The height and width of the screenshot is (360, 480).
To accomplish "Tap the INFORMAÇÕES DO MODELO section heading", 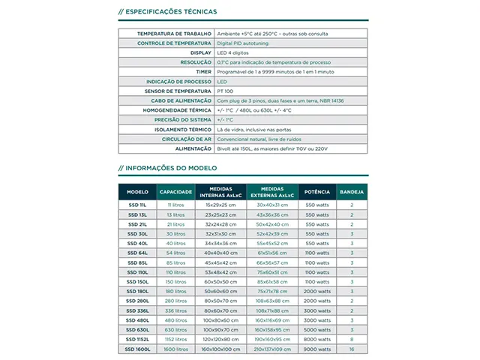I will point(168,168).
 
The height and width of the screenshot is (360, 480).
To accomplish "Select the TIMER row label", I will point(201,72).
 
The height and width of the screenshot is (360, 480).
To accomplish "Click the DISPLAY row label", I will point(200,53).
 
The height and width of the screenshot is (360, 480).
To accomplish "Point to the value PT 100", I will point(226,91).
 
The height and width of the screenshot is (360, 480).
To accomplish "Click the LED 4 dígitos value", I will point(234,53).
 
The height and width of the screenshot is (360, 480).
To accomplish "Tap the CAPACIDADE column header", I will point(175,192).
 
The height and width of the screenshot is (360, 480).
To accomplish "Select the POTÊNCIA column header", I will point(317,192).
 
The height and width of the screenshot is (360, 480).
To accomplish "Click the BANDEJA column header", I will point(351,192).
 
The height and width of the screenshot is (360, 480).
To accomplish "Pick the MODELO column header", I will point(137,192).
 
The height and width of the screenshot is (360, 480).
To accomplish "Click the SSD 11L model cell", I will point(137,204).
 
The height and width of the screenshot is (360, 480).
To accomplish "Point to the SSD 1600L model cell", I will point(137,349).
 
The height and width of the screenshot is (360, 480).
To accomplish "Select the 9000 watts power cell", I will point(317,349).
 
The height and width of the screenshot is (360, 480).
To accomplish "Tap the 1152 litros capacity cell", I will point(175,340).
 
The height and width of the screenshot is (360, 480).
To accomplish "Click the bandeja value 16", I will point(351,349).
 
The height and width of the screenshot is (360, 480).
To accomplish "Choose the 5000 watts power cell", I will point(317,330).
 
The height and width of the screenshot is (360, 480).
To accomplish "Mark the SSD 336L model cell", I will point(137,310).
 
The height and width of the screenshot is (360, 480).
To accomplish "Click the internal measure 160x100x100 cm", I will point(220,349).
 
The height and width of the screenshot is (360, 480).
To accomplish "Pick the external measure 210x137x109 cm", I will point(271,349).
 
